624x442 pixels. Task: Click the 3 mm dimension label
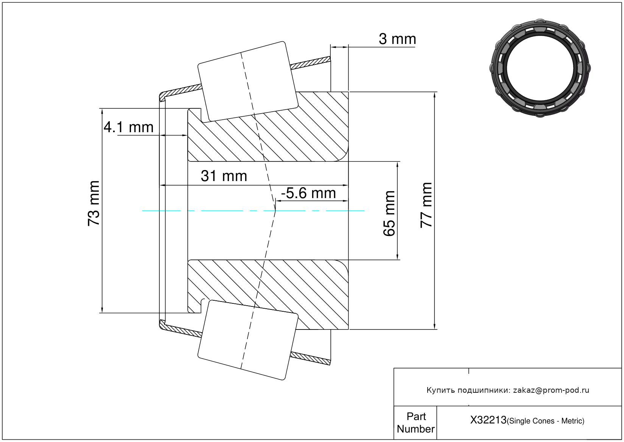point(397,39)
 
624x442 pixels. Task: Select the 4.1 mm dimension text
point(129,127)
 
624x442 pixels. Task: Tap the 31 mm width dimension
point(224,176)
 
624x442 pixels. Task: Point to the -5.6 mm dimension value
point(308,193)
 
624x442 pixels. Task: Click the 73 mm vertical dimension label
point(93,203)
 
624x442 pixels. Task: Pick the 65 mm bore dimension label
point(389,214)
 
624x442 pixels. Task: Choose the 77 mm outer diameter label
point(426,205)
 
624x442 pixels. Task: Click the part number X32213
point(488,420)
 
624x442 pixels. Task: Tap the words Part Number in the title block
point(415,423)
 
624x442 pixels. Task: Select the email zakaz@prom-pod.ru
point(551,390)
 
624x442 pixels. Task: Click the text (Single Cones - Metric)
point(545,421)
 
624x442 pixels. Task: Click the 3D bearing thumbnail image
point(540,67)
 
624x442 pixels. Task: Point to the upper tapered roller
point(248,81)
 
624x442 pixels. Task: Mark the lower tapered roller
point(248,340)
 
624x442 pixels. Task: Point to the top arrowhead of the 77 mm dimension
point(434,95)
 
